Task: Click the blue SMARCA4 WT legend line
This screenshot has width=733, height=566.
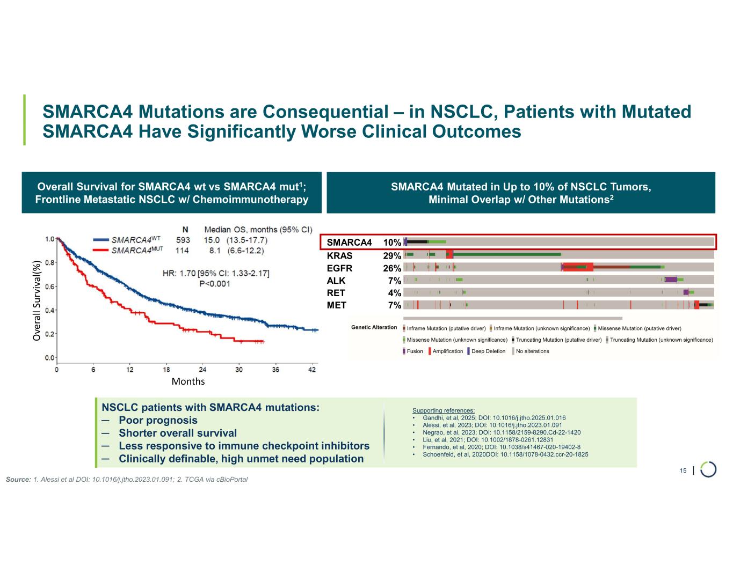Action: (101, 240)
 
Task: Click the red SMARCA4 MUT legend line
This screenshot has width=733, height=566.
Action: (101, 251)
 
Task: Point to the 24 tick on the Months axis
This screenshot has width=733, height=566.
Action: (202, 370)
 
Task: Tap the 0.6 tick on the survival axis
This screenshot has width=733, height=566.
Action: (49, 286)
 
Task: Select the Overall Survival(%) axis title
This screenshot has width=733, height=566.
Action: (37, 301)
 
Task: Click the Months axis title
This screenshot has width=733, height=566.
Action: (188, 381)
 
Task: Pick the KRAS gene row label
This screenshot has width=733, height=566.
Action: (339, 255)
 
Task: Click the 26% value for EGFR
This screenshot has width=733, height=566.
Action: (392, 268)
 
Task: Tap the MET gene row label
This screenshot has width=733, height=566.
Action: (337, 305)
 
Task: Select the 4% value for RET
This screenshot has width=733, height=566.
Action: (395, 293)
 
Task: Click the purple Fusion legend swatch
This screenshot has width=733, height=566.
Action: (404, 351)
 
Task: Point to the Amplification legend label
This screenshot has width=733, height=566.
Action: (447, 351)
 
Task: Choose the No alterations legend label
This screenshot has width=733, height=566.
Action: (532, 351)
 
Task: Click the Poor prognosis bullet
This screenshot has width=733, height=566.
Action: (158, 420)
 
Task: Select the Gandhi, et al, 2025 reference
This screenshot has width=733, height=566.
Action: (494, 417)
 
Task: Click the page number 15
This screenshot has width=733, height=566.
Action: (683, 471)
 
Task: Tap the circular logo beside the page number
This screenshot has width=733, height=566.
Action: (708, 469)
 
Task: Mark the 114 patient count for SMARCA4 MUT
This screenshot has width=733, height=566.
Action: (183, 251)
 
